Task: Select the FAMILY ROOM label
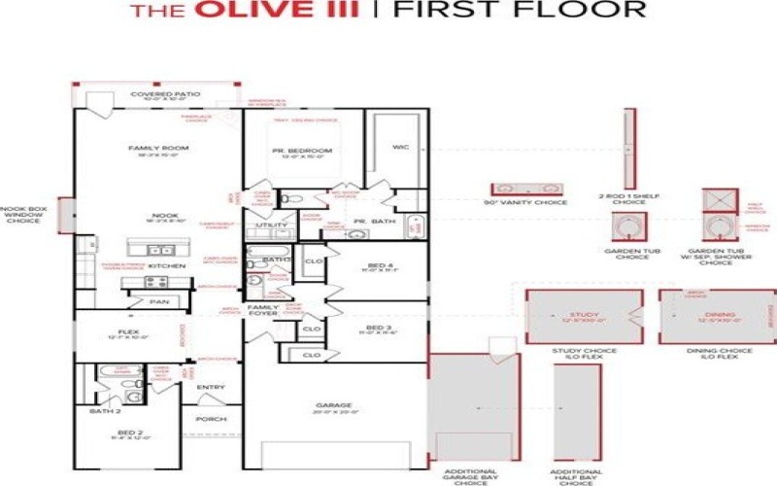click(x=157, y=149)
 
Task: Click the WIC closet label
click(x=399, y=148)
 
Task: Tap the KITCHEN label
click(x=165, y=264)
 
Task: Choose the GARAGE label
click(x=334, y=405)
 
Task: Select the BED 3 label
click(x=378, y=329)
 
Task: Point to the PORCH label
click(x=211, y=420)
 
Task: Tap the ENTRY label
click(x=211, y=388)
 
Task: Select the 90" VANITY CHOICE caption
click(x=524, y=202)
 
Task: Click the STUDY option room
click(x=584, y=316)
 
